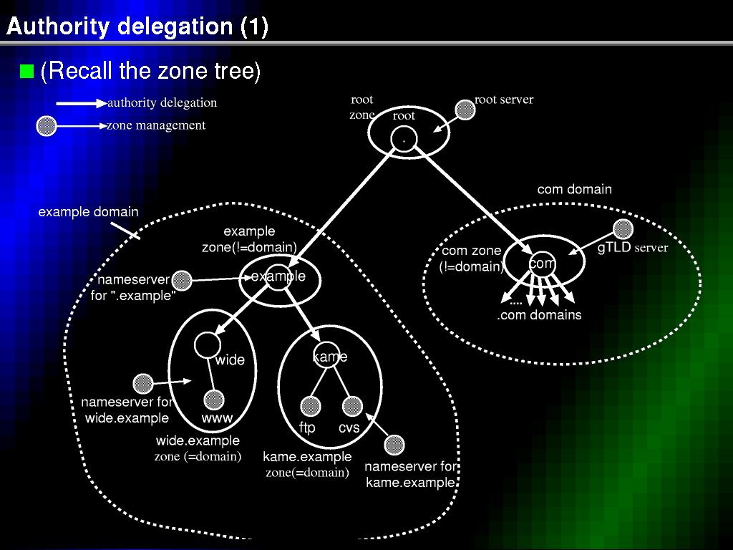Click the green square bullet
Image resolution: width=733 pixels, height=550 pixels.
tap(26, 71)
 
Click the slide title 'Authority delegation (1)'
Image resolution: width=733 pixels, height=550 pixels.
tap(137, 26)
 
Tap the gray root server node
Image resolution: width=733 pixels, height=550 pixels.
tap(465, 110)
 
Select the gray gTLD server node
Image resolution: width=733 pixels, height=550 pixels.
tap(623, 229)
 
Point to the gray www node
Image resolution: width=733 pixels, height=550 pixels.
tap(214, 400)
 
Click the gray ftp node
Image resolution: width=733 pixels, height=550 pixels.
tap(311, 406)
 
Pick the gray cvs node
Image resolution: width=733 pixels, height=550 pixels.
tap(352, 406)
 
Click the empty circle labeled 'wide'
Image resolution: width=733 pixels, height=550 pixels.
tap(207, 345)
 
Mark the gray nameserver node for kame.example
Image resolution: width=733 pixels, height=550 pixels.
tap(394, 445)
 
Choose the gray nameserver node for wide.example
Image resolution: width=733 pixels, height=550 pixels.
tap(143, 384)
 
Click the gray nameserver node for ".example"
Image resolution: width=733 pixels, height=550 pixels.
tap(182, 280)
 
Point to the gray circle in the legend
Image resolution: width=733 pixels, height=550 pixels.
tap(47, 126)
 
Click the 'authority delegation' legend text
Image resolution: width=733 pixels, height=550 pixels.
tap(162, 103)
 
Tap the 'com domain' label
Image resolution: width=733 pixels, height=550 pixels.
tap(575, 189)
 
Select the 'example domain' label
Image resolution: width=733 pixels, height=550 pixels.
tap(88, 212)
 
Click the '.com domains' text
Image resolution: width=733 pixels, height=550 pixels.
tap(539, 315)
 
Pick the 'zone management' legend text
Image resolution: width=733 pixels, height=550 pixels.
tap(156, 125)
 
